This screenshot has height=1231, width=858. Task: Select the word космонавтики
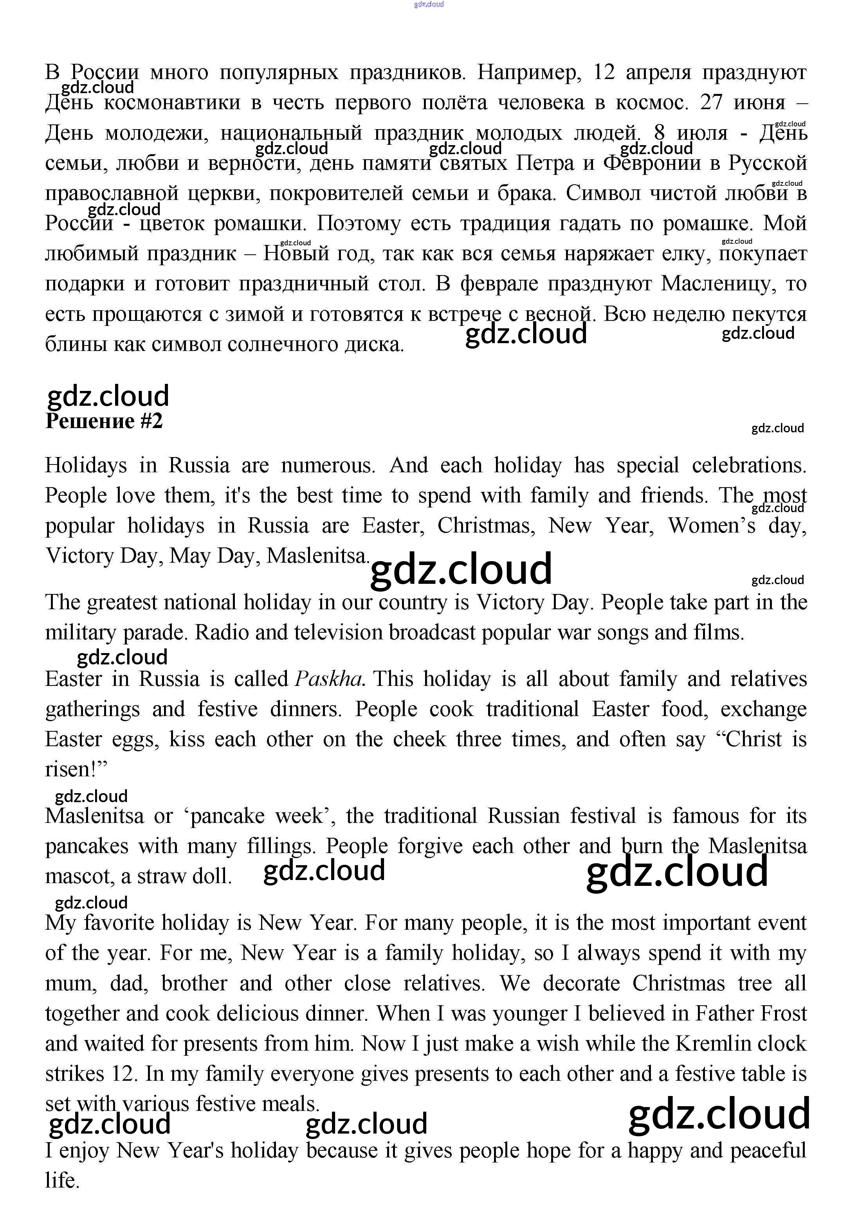[x=172, y=103]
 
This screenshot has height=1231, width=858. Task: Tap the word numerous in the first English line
[x=328, y=465]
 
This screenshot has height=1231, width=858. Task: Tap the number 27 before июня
[x=712, y=103]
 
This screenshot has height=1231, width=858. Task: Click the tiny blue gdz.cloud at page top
[x=429, y=5]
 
